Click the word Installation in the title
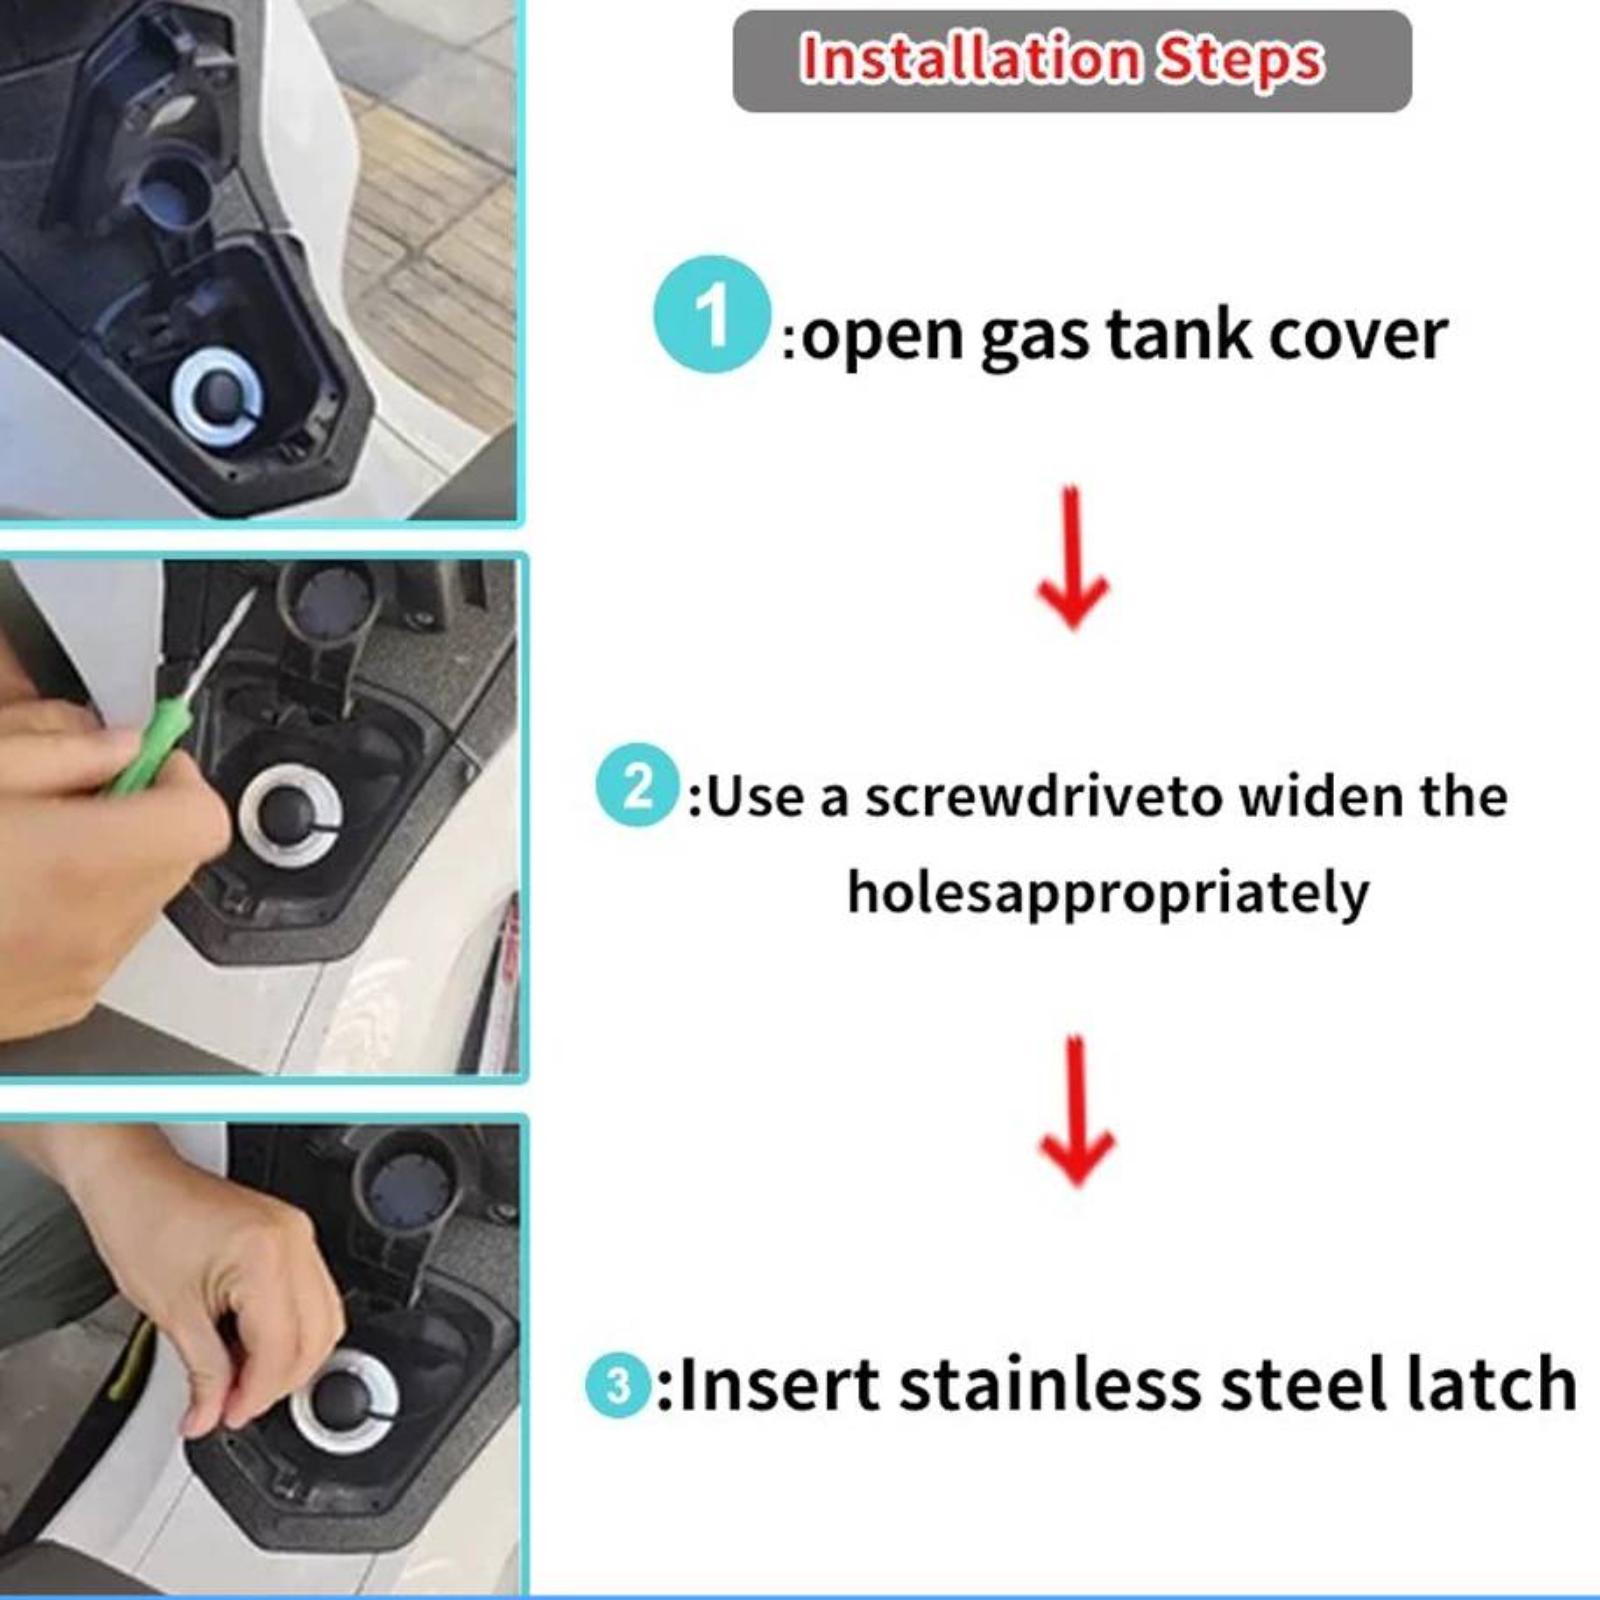(970, 59)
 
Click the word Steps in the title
(1240, 62)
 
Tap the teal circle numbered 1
(711, 314)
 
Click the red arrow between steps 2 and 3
(1076, 1111)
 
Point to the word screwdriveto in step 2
(1044, 797)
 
